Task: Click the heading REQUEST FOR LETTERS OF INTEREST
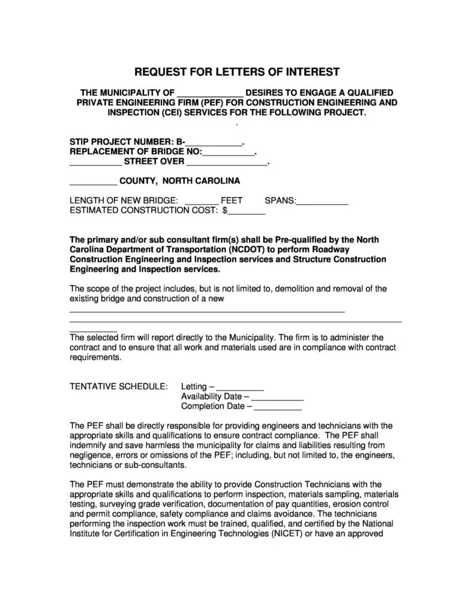(x=236, y=73)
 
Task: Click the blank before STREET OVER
(x=95, y=161)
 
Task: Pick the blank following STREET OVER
(x=226, y=161)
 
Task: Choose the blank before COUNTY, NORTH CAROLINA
(x=93, y=181)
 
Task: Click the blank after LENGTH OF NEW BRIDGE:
(x=199, y=200)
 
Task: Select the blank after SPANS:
(x=323, y=200)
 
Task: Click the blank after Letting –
(x=239, y=387)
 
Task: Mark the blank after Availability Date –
(x=277, y=396)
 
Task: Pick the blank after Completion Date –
(x=278, y=407)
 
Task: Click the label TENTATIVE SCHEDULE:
(x=119, y=387)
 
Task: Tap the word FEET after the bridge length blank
(x=232, y=200)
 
